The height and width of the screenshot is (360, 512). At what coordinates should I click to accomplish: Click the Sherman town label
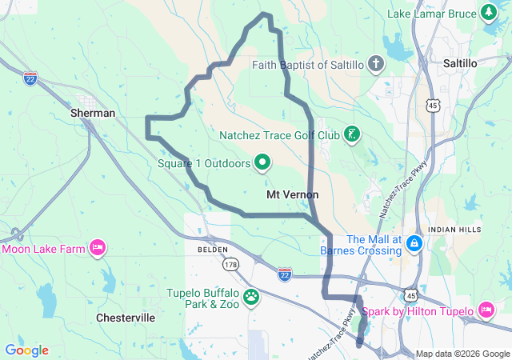coord(93,113)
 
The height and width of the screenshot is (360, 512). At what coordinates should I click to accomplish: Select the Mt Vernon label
coord(292,194)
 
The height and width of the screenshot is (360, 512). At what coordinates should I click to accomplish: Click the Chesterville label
coord(126,318)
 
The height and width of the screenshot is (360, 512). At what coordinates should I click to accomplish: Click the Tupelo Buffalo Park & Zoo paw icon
coord(251,298)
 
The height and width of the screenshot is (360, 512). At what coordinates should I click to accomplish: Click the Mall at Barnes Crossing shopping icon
coord(414,242)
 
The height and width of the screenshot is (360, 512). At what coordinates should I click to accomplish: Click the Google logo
coord(26,350)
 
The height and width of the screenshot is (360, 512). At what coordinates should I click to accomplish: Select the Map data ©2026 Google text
coord(462,354)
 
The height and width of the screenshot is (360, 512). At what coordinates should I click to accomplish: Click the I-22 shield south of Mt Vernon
coord(285,274)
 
